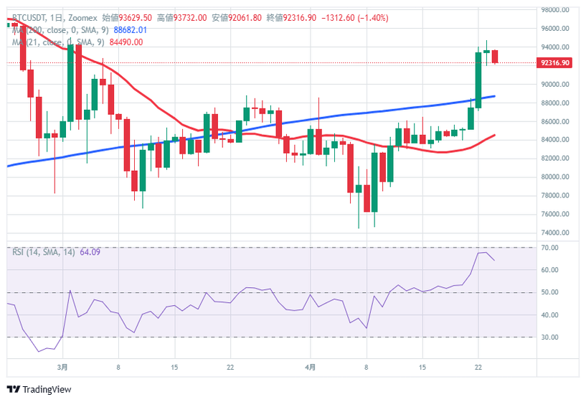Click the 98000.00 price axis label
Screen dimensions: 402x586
click(x=555, y=10)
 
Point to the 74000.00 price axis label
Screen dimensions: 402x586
click(x=555, y=233)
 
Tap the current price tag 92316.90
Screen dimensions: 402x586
click(x=556, y=63)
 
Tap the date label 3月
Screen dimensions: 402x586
click(x=63, y=367)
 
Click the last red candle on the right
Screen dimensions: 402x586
click(x=495, y=57)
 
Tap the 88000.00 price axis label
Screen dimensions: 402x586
click(x=555, y=103)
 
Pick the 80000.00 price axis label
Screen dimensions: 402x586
click(x=555, y=177)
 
